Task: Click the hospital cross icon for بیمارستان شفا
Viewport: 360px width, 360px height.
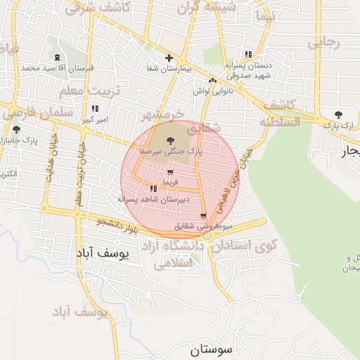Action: (168, 58)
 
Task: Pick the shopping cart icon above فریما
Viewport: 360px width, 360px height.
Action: (169, 172)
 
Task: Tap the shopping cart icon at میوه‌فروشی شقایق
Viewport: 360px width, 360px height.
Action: (203, 217)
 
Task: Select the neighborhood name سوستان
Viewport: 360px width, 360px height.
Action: (215, 349)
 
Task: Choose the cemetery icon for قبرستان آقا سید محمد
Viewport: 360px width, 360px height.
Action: (57, 57)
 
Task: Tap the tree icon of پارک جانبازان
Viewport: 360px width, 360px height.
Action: (16, 130)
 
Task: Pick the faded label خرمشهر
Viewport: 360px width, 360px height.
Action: (162, 114)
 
